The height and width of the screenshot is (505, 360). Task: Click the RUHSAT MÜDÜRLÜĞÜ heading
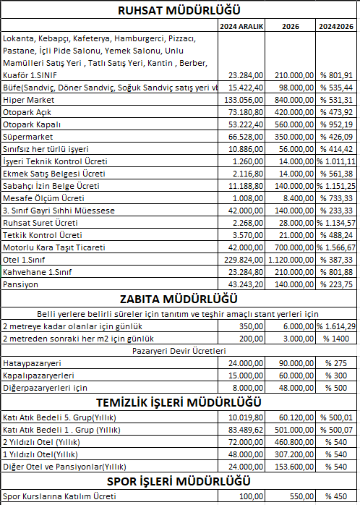click(179, 10)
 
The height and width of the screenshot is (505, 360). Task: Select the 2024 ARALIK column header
click(242, 25)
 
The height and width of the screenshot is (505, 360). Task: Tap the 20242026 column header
click(336, 25)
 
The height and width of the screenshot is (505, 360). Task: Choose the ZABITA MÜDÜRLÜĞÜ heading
click(179, 300)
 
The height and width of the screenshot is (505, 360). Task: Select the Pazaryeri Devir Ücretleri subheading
click(179, 350)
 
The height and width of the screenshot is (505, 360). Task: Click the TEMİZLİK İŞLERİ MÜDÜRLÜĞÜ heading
click(179, 403)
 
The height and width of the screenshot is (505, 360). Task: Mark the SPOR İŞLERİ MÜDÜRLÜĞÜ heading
click(179, 481)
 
